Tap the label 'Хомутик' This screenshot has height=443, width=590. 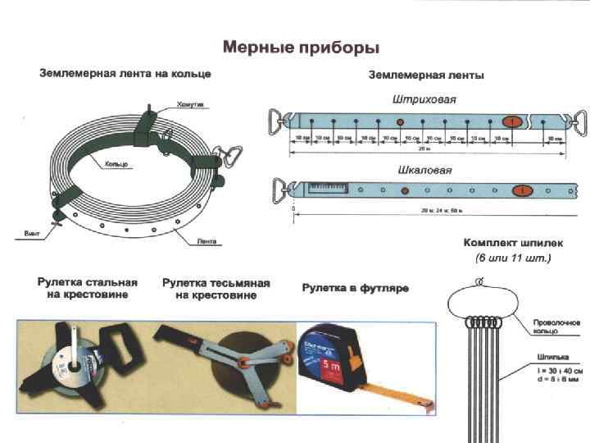click(x=191, y=104)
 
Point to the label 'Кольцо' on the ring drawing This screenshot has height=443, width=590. click(x=117, y=164)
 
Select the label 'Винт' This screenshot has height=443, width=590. click(x=30, y=234)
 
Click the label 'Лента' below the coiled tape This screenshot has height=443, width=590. click(x=206, y=241)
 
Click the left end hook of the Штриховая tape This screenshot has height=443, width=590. click(x=278, y=121)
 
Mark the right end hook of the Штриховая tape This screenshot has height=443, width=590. click(x=580, y=122)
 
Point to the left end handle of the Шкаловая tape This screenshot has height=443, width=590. click(x=281, y=190)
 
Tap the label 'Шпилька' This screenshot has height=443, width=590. click(x=546, y=356)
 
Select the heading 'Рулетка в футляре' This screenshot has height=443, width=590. click(x=355, y=288)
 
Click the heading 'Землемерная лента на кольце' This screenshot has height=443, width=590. click(x=125, y=74)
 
